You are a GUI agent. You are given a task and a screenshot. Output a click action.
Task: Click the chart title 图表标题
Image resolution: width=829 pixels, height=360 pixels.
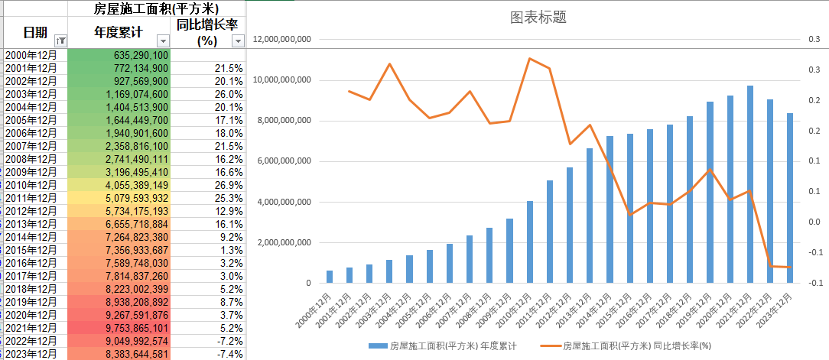(538, 18)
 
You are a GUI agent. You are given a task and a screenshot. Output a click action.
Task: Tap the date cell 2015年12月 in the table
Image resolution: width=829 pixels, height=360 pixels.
(31, 250)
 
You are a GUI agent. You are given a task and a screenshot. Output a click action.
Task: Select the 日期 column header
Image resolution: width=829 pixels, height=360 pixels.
(34, 32)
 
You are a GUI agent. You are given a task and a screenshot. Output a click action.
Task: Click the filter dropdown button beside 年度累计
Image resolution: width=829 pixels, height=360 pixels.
(162, 41)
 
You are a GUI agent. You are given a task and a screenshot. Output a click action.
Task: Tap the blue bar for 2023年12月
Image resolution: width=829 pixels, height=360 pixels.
(790, 199)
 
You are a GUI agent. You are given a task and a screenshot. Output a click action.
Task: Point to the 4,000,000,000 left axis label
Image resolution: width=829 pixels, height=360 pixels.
(283, 203)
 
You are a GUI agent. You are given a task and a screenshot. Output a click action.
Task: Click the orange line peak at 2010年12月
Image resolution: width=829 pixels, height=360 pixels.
(529, 58)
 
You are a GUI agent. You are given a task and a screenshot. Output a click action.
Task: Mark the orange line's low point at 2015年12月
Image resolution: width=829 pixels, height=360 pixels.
(630, 215)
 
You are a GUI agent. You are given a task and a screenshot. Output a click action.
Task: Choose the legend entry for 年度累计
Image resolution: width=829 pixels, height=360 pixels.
(441, 346)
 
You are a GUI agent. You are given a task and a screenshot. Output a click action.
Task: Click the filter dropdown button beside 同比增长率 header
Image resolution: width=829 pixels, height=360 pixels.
(237, 41)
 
